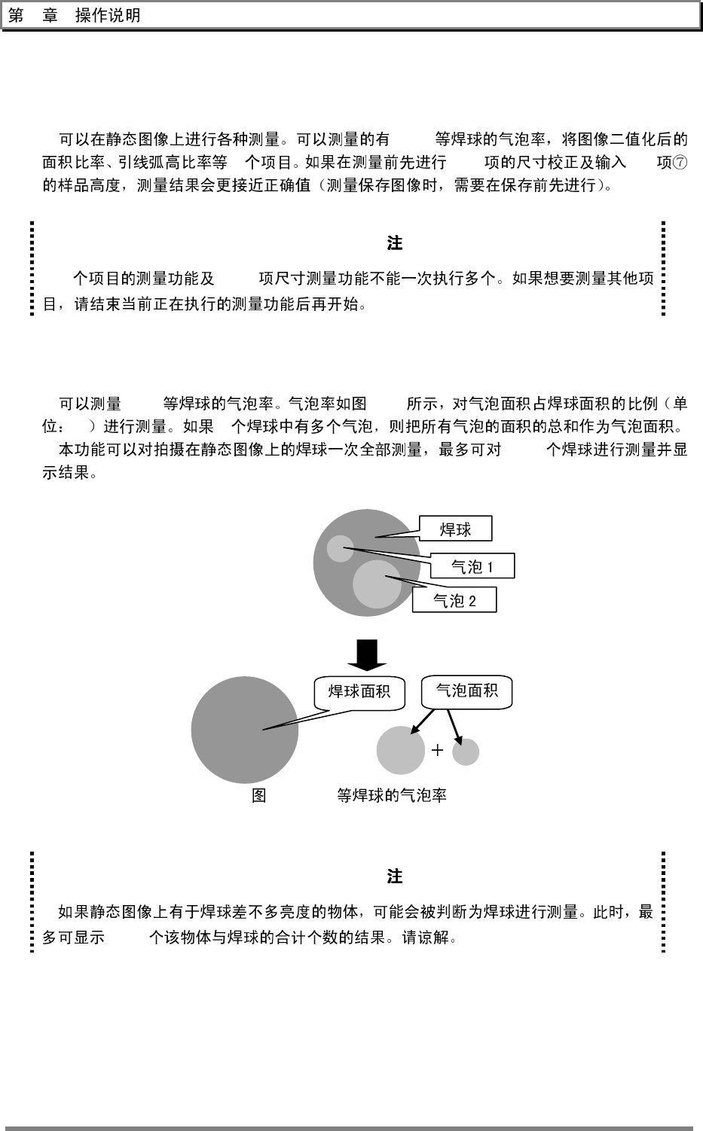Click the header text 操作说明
[108, 16]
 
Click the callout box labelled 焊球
[455, 529]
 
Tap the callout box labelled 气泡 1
[472, 566]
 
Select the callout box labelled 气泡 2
[454, 600]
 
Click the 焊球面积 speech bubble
[359, 690]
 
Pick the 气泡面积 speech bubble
[467, 690]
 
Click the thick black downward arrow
[367, 654]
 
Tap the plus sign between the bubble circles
[437, 750]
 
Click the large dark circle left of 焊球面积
[244, 730]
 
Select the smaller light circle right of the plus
[466, 751]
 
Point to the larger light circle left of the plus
[401, 750]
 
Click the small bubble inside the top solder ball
[340, 548]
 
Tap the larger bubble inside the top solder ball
[377, 584]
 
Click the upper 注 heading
[394, 243]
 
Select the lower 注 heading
[394, 876]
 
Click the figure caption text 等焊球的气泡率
[391, 795]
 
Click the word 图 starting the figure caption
[258, 795]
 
